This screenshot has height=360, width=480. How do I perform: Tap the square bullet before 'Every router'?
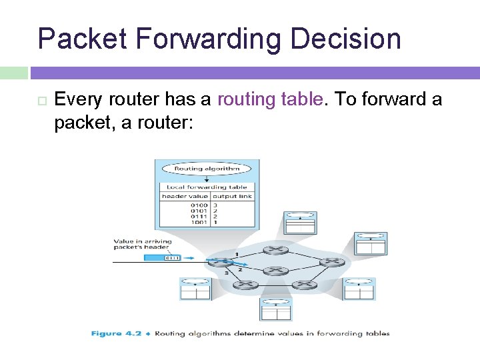[x=41, y=101]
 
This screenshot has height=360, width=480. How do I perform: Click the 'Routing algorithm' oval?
[x=207, y=169]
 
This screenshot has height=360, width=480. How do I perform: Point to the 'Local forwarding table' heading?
[x=207, y=187]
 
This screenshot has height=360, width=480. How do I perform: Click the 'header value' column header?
[x=185, y=197]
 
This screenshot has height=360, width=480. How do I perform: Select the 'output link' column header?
[x=232, y=197]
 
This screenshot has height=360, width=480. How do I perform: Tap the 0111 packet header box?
[x=173, y=257]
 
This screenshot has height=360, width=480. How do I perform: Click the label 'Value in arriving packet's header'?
[x=142, y=245]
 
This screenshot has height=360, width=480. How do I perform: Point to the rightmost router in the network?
[x=329, y=262]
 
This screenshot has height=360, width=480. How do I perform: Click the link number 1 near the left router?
[x=235, y=254]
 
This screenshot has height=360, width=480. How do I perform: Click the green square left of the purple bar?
[x=13, y=73]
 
